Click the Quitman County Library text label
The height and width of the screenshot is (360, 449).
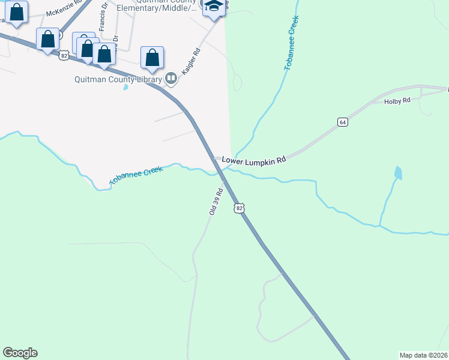coord(118,79)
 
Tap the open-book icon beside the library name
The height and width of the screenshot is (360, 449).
coord(171,78)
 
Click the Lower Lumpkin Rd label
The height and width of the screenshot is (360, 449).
coord(253,160)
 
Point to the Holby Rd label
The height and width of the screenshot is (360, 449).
coord(397,101)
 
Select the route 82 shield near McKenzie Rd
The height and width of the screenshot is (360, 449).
coord(64,55)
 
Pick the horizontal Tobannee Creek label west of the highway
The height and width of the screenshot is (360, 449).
coord(136,176)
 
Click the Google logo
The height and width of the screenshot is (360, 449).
coord(20,353)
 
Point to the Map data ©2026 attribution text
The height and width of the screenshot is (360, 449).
coord(424,355)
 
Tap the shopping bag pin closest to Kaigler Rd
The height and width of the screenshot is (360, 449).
coord(152,58)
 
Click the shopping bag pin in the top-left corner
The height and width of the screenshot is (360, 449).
coord(17,12)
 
